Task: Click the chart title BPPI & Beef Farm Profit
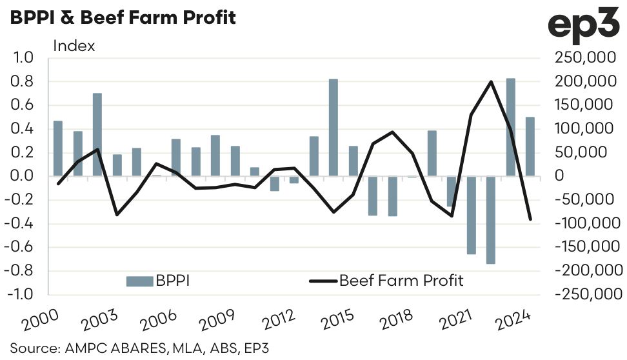point(122,17)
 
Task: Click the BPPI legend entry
point(157,281)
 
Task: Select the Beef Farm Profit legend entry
point(386,281)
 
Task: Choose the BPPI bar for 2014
point(333,128)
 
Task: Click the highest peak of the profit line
point(492,81)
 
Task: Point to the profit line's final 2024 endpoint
point(530,219)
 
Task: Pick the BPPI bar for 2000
point(58,148)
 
